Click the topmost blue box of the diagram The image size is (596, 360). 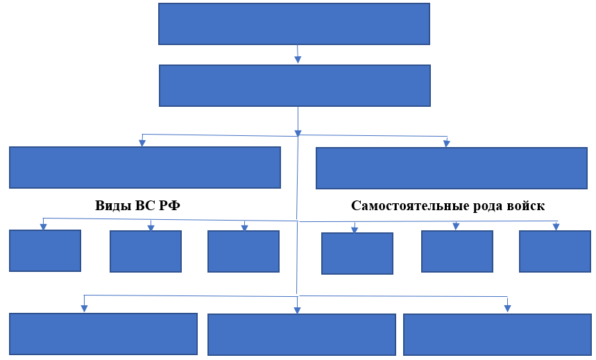(x=294, y=24)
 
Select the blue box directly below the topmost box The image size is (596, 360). (x=294, y=85)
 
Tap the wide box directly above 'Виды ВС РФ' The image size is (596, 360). (x=145, y=167)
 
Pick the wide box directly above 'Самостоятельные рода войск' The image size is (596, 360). (x=452, y=168)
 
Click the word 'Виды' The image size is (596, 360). (x=110, y=206)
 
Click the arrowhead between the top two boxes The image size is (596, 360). (x=298, y=60)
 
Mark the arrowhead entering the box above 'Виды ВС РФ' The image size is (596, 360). (x=142, y=143)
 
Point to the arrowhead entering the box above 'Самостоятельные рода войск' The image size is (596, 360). (x=447, y=144)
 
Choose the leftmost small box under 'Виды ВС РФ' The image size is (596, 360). (x=45, y=250)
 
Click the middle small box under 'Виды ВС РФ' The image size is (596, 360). (x=146, y=251)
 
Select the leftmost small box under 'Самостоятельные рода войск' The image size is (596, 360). (x=357, y=253)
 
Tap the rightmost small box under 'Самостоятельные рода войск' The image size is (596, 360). (x=554, y=251)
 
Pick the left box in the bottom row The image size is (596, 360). (x=103, y=334)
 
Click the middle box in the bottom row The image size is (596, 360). (x=302, y=334)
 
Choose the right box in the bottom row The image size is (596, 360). (x=497, y=334)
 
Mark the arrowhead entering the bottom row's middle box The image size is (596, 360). (x=297, y=310)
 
